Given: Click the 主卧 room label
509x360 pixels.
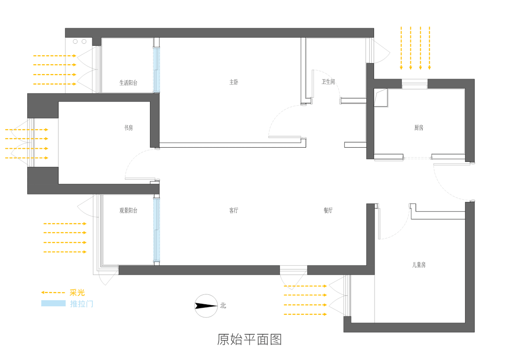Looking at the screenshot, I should coord(234,82).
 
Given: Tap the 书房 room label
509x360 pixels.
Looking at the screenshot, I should coord(128,127).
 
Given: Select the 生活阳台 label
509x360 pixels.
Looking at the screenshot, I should coord(128,83).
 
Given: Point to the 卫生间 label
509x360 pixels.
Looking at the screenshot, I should coord(328,82).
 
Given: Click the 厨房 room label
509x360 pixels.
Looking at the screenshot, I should coord(419,127).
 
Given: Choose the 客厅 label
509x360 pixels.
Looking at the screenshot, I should coord(234,210).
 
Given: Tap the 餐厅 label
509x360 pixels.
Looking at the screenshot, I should coord(328,210).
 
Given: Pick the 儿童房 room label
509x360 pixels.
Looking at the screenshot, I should coord(418,265).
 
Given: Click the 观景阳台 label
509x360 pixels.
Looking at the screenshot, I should coord(128,210).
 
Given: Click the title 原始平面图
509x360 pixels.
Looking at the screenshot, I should coord(250,339).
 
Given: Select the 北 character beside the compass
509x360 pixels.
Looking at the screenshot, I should coord(223,306).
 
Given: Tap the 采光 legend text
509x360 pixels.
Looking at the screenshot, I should coord(77,293).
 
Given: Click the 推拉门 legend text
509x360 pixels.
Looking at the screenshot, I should coord(82,303).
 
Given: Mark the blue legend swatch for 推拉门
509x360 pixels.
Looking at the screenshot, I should coord(53,303).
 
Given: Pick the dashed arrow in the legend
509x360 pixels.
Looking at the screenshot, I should coord(53,293).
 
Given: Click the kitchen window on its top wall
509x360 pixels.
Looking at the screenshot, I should coord(415,84).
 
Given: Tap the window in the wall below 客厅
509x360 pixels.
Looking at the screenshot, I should coord(293,270).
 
